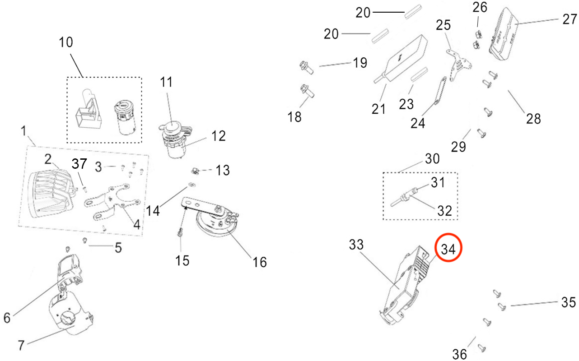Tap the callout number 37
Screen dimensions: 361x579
click(x=80, y=163)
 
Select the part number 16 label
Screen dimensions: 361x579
click(x=260, y=261)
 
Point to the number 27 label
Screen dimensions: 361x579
click(x=570, y=19)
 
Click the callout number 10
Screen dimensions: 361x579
click(x=65, y=42)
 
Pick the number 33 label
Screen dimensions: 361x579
click(x=356, y=245)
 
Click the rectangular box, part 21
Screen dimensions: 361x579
click(x=404, y=58)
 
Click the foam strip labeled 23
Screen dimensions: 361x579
click(x=420, y=74)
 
